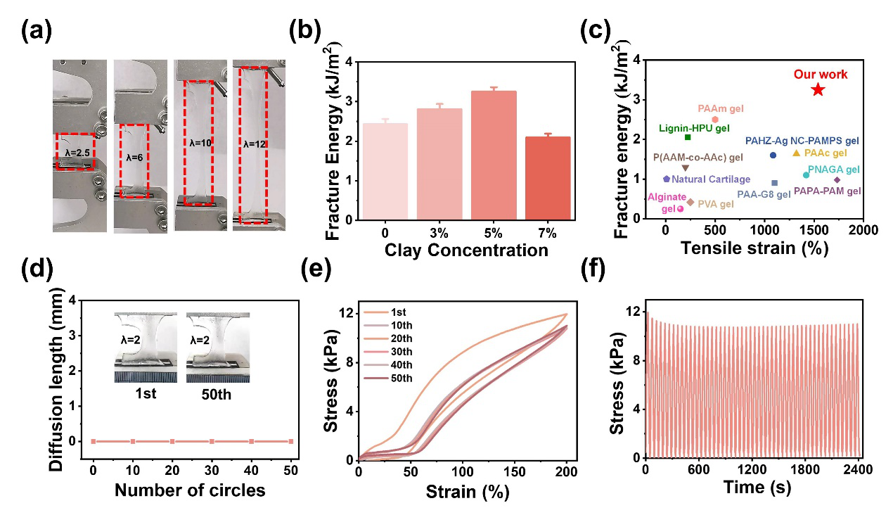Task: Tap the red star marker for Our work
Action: pyautogui.click(x=817, y=89)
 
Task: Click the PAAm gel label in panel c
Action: pyautogui.click(x=721, y=109)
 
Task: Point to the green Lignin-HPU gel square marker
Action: pyautogui.click(x=688, y=137)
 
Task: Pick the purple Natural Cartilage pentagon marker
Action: pyautogui.click(x=667, y=179)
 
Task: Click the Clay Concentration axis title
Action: pyautogui.click(x=467, y=250)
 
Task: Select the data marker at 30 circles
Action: pyautogui.click(x=212, y=441)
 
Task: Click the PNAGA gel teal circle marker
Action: pyautogui.click(x=806, y=174)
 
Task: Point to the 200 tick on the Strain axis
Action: pyautogui.click(x=566, y=470)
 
